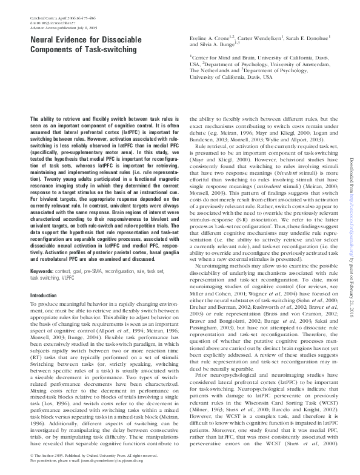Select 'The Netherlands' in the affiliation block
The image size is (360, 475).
tap(210, 70)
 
